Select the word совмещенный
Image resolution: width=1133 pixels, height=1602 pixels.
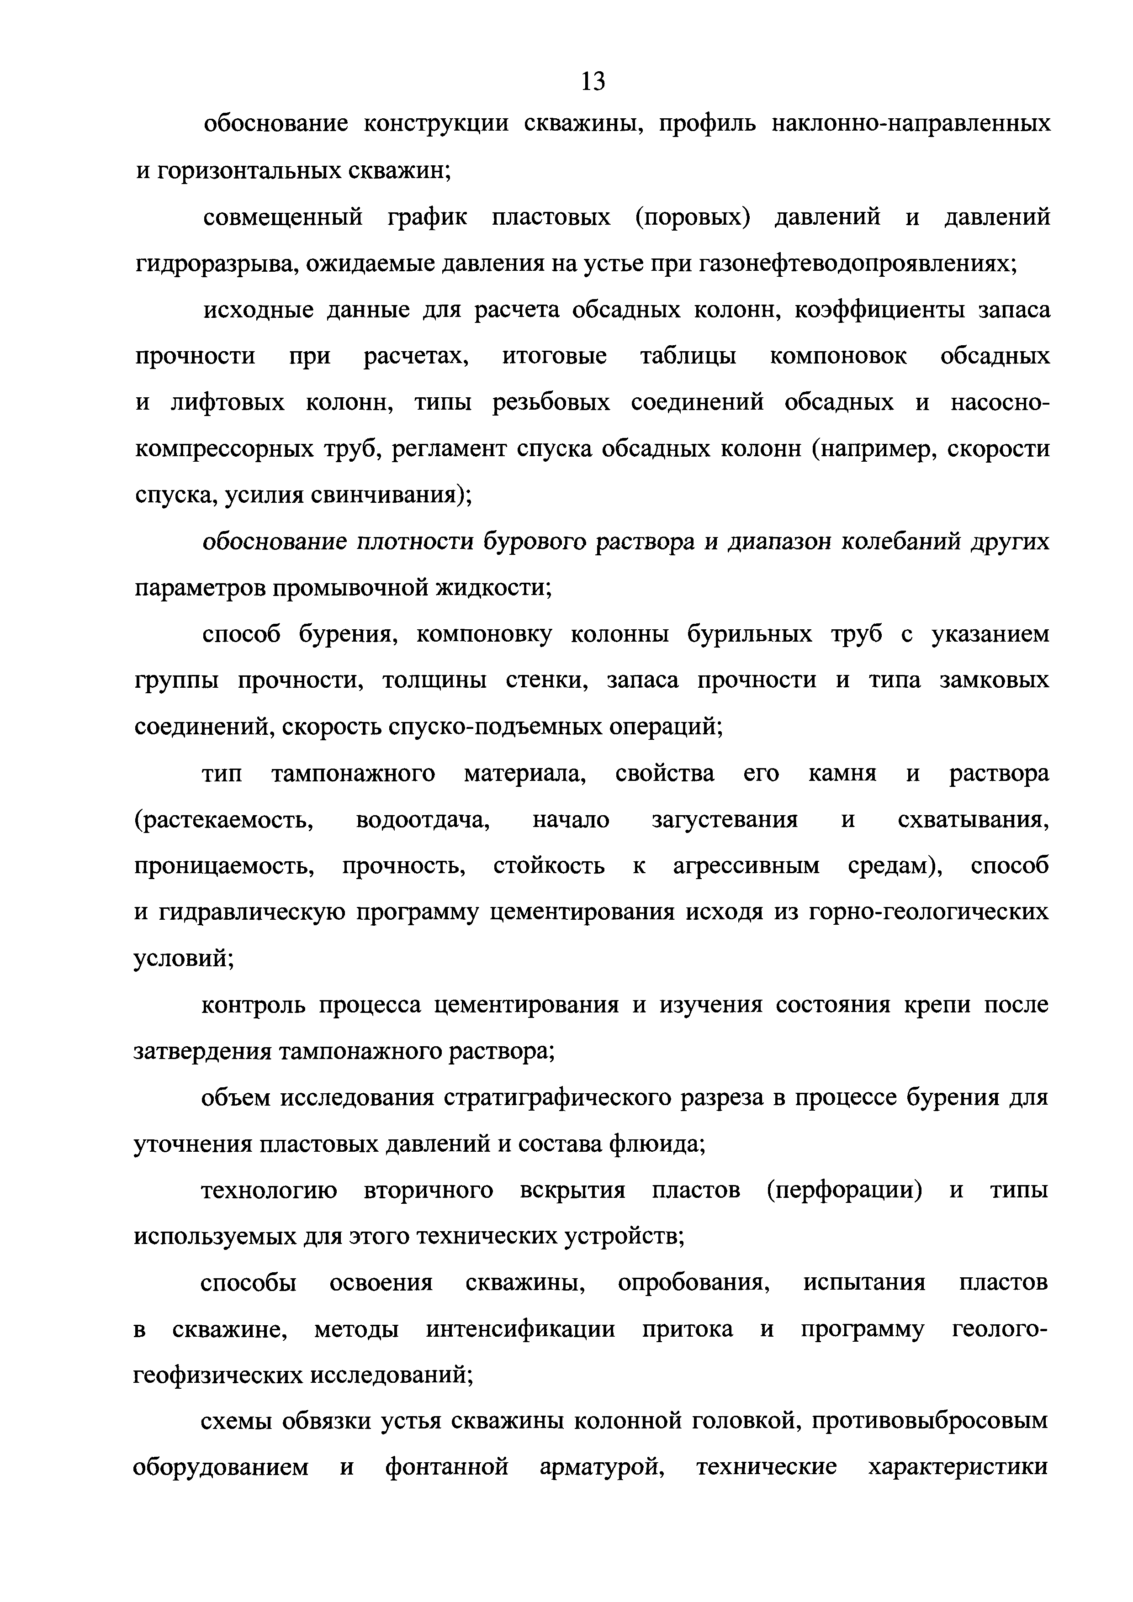pos(283,218)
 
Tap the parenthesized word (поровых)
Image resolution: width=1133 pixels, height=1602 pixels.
pos(693,218)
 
